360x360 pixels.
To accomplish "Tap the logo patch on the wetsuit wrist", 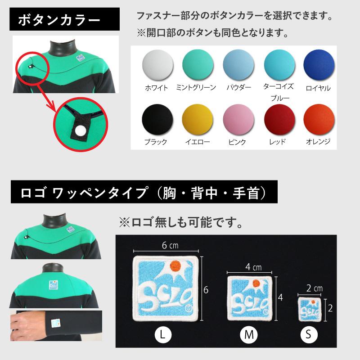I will click(55, 322).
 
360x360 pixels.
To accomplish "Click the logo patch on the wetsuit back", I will click(53, 284).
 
